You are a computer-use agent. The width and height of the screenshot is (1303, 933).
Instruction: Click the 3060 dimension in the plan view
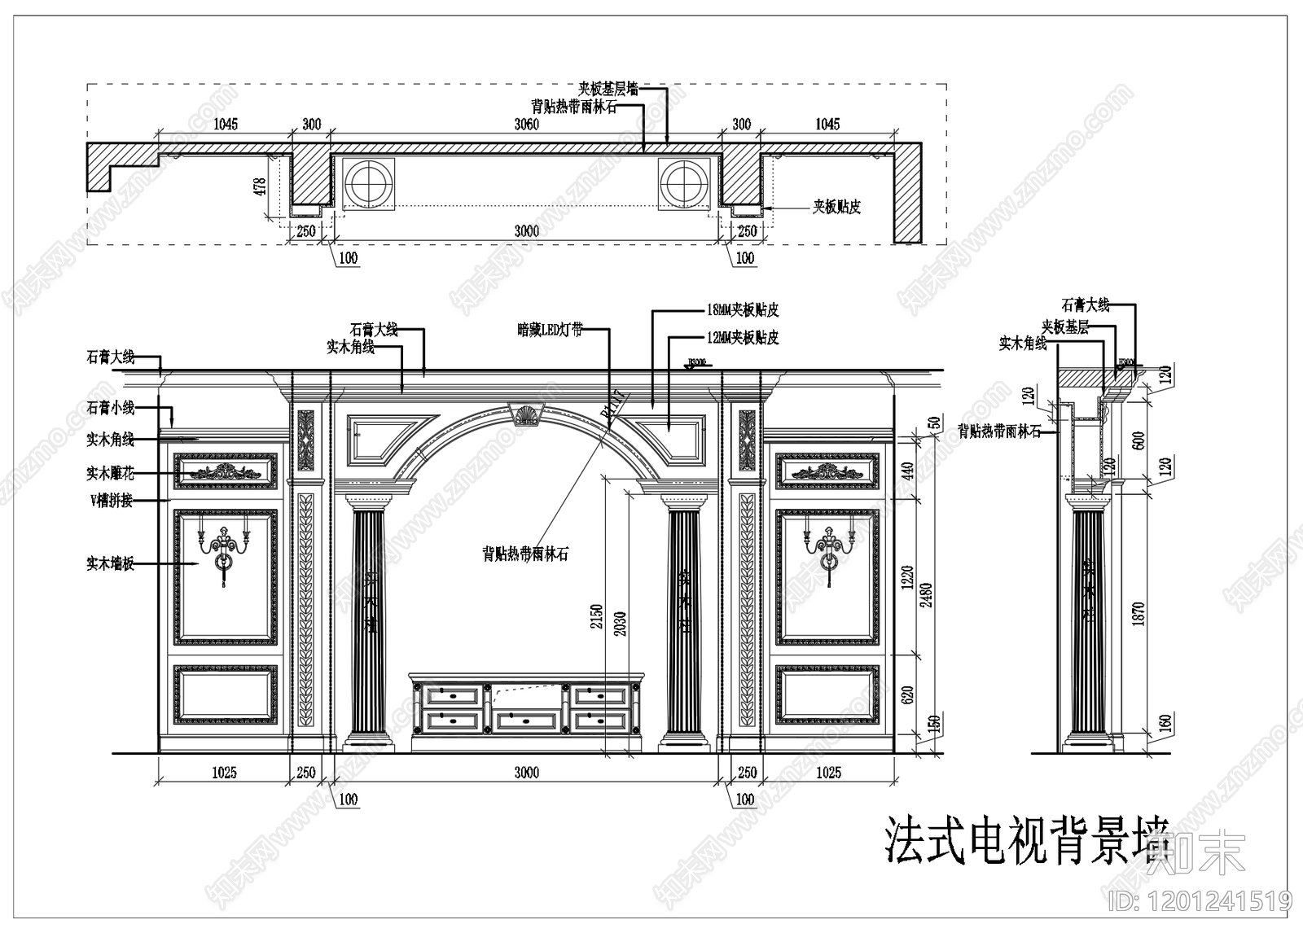[526, 125]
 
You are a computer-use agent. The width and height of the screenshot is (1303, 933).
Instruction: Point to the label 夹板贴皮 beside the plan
[836, 207]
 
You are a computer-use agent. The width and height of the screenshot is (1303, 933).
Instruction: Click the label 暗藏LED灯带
[550, 330]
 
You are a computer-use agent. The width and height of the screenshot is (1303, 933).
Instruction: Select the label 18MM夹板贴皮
[743, 310]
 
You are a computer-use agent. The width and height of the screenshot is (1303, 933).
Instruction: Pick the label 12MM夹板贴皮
[743, 337]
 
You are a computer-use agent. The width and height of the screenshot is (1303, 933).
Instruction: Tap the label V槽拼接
[111, 501]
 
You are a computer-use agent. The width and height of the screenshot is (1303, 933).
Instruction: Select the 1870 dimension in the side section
[1138, 613]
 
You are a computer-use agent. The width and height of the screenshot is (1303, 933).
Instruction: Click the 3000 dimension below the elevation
[526, 773]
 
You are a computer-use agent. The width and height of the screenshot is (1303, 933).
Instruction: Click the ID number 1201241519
[1201, 901]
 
